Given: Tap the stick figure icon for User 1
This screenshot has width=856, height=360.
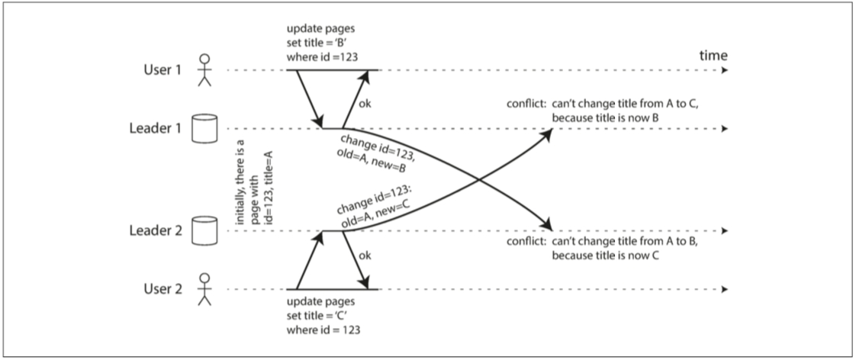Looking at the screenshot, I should (202, 69).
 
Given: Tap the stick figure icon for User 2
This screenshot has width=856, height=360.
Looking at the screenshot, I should (202, 290).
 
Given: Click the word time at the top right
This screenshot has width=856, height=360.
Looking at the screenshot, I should (713, 56).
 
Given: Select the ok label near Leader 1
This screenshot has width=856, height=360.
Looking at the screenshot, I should (366, 104).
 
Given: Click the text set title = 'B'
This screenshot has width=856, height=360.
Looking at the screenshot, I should (319, 43).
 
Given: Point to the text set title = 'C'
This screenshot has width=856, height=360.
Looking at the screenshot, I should (319, 317).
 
